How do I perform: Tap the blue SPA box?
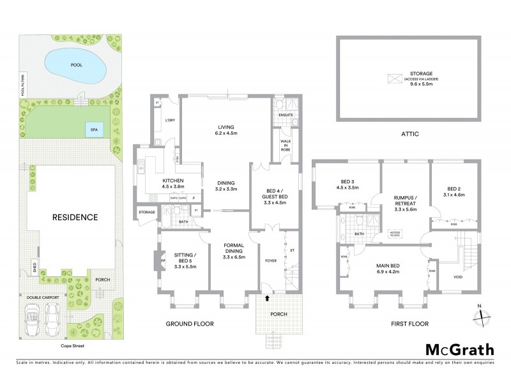point(94,130)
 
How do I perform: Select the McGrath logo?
point(459,349)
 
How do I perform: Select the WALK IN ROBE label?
point(282,146)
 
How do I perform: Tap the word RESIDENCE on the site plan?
point(75,217)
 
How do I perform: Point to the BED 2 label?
point(454,191)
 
